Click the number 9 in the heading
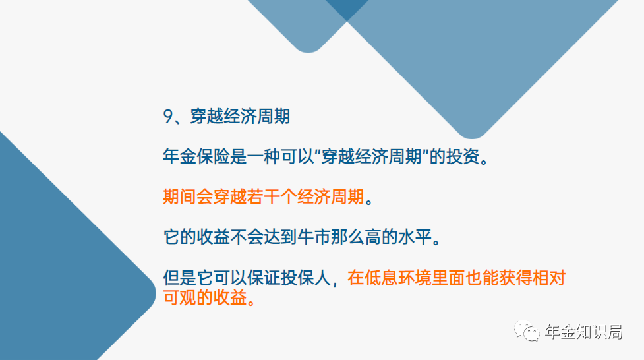pyautogui.click(x=167, y=117)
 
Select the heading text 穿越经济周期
pyautogui.click(x=240, y=117)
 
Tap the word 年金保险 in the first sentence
pyautogui.click(x=196, y=156)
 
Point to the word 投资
pyautogui.click(x=463, y=156)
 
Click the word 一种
pyautogui.click(x=263, y=156)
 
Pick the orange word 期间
pyautogui.click(x=179, y=196)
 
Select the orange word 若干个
pyautogui.click(x=272, y=196)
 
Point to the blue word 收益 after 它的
pyautogui.click(x=213, y=237)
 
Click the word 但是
pyautogui.click(x=179, y=278)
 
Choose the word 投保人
pyautogui.click(x=306, y=278)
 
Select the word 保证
pyautogui.click(x=263, y=278)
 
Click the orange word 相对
pyautogui.click(x=549, y=278)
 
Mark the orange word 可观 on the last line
pyautogui.click(x=179, y=297)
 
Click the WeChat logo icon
pyautogui.click(x=527, y=331)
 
